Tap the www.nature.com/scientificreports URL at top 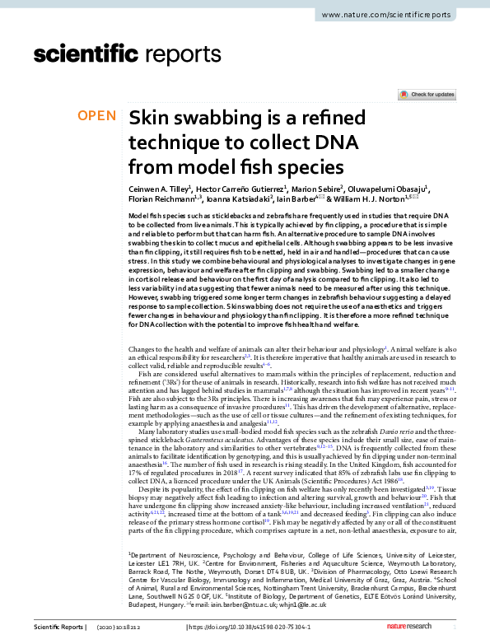click(390, 16)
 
